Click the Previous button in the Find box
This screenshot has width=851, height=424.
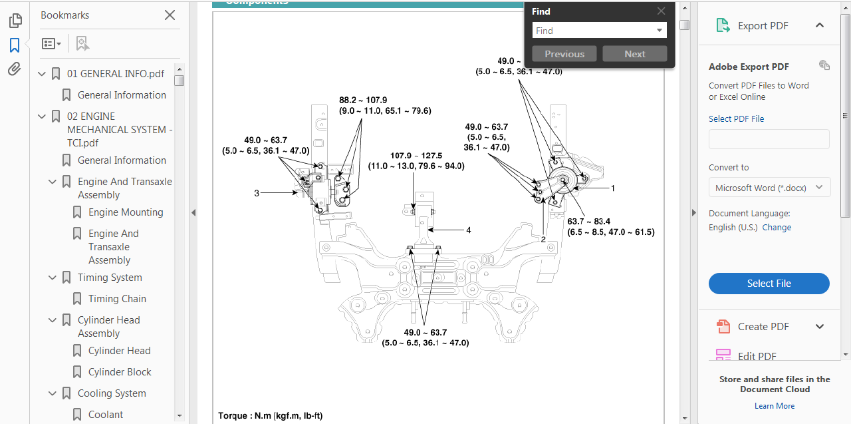pos(564,54)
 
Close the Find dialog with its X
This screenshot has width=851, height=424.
pos(661,11)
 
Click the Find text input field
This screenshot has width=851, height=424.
pos(593,31)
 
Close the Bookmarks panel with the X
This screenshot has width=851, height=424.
pos(170,15)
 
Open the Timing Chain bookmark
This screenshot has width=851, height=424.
pos(117,299)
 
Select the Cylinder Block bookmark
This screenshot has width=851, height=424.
pos(120,372)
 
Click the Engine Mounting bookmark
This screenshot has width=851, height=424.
pos(126,212)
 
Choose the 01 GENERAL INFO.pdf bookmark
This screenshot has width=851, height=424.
pos(116,74)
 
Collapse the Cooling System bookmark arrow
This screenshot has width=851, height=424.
pos(53,393)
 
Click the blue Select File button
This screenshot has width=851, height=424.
pos(769,284)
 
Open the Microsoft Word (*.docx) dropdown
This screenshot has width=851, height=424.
pos(769,188)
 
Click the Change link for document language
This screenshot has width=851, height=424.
pos(777,228)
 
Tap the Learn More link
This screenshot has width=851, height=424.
pos(775,406)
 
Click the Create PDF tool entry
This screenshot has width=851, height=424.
pos(763,327)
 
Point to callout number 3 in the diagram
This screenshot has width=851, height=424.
pos(257,193)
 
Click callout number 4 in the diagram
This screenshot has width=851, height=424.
pos(469,230)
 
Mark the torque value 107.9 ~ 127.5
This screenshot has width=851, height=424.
pos(416,156)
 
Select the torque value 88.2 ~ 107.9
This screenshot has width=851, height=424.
pos(363,100)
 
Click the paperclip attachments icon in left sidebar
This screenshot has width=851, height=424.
pos(15,69)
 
